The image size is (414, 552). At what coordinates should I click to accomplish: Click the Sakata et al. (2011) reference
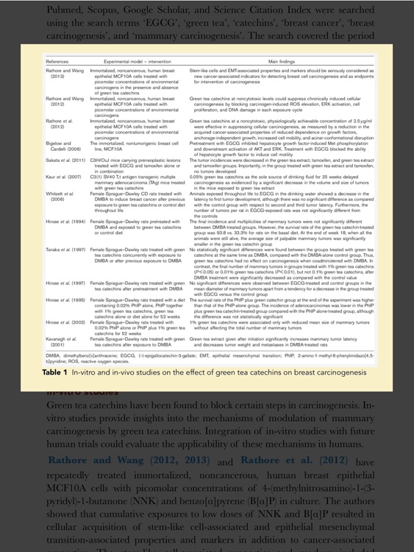point(63,162)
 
